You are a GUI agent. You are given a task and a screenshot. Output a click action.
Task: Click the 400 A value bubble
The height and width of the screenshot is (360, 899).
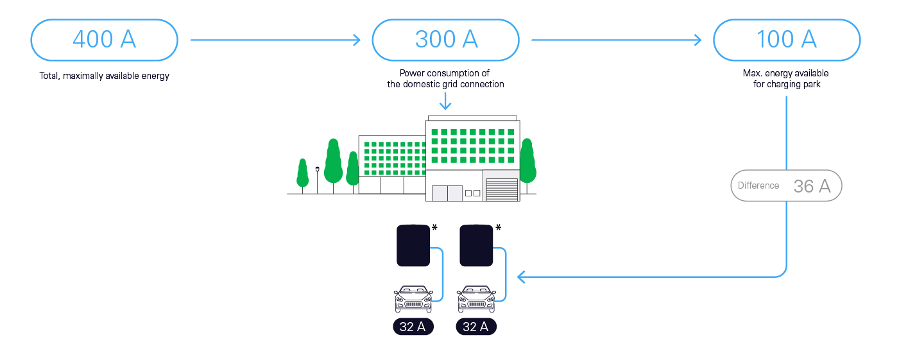[105, 40]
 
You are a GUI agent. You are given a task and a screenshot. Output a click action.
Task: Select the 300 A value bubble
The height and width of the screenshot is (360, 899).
[445, 40]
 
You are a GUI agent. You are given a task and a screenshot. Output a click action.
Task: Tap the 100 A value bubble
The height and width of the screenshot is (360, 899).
[787, 40]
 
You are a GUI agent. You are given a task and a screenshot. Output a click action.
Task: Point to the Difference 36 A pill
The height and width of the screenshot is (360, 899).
[786, 185]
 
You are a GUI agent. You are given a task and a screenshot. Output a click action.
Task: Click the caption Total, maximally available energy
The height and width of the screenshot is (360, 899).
[105, 76]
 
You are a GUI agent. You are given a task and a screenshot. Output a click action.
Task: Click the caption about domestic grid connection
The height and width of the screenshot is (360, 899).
[445, 79]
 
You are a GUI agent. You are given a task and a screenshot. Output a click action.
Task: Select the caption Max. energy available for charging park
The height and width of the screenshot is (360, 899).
[786, 79]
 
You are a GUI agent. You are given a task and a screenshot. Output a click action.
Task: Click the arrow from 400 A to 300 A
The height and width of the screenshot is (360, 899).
[275, 40]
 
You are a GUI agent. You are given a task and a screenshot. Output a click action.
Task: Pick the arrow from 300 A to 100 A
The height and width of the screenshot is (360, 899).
[617, 40]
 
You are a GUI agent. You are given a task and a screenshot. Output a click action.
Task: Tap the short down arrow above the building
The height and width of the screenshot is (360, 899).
[445, 101]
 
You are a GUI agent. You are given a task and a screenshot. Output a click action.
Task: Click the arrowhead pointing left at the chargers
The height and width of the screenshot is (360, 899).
[521, 277]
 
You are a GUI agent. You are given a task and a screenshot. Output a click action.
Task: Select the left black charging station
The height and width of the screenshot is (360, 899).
[413, 245]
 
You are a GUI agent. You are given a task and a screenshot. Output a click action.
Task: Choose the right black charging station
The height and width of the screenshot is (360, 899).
[476, 245]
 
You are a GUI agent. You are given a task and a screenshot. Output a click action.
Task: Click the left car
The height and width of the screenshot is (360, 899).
[413, 298]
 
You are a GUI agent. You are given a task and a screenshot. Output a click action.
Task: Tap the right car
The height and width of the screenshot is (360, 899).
[476, 298]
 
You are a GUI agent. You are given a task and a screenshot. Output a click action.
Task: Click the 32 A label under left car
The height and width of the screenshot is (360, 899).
[413, 327]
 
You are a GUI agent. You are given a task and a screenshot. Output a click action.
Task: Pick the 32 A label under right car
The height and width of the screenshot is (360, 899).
[476, 327]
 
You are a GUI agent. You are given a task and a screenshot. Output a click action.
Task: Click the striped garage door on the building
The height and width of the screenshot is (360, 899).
[502, 189]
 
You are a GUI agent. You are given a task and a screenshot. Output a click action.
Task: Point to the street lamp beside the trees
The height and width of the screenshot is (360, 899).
[317, 180]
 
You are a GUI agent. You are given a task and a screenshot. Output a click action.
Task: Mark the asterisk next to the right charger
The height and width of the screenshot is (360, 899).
[498, 227]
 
